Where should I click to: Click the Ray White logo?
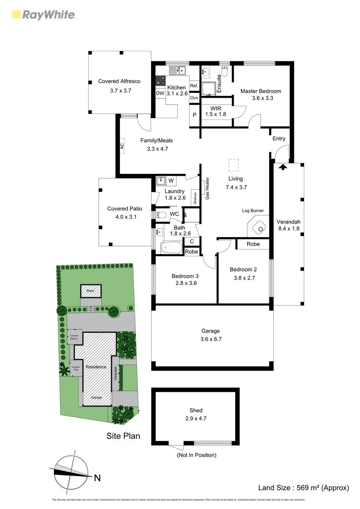pos(44,15)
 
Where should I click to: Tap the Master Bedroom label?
pos(261,91)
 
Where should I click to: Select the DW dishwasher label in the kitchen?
pos(160,93)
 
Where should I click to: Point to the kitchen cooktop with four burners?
pos(161,80)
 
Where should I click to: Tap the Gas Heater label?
pos(207,188)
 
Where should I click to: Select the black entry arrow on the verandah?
pos(282,167)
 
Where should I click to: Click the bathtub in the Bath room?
pos(172,247)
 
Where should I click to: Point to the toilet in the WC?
pos(161,214)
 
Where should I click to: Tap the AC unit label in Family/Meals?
pos(122,146)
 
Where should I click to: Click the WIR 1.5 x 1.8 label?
pos(216,111)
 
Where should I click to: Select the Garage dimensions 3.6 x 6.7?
pos(211,339)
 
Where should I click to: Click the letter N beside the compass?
pos(97,478)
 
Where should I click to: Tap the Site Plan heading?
pos(123,436)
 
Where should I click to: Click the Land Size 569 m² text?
pos(303,488)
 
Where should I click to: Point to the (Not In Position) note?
pos(197,455)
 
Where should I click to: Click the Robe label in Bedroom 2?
pos(253,244)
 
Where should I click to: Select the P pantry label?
pos(194,115)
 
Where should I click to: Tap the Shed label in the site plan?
pos(90,291)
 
